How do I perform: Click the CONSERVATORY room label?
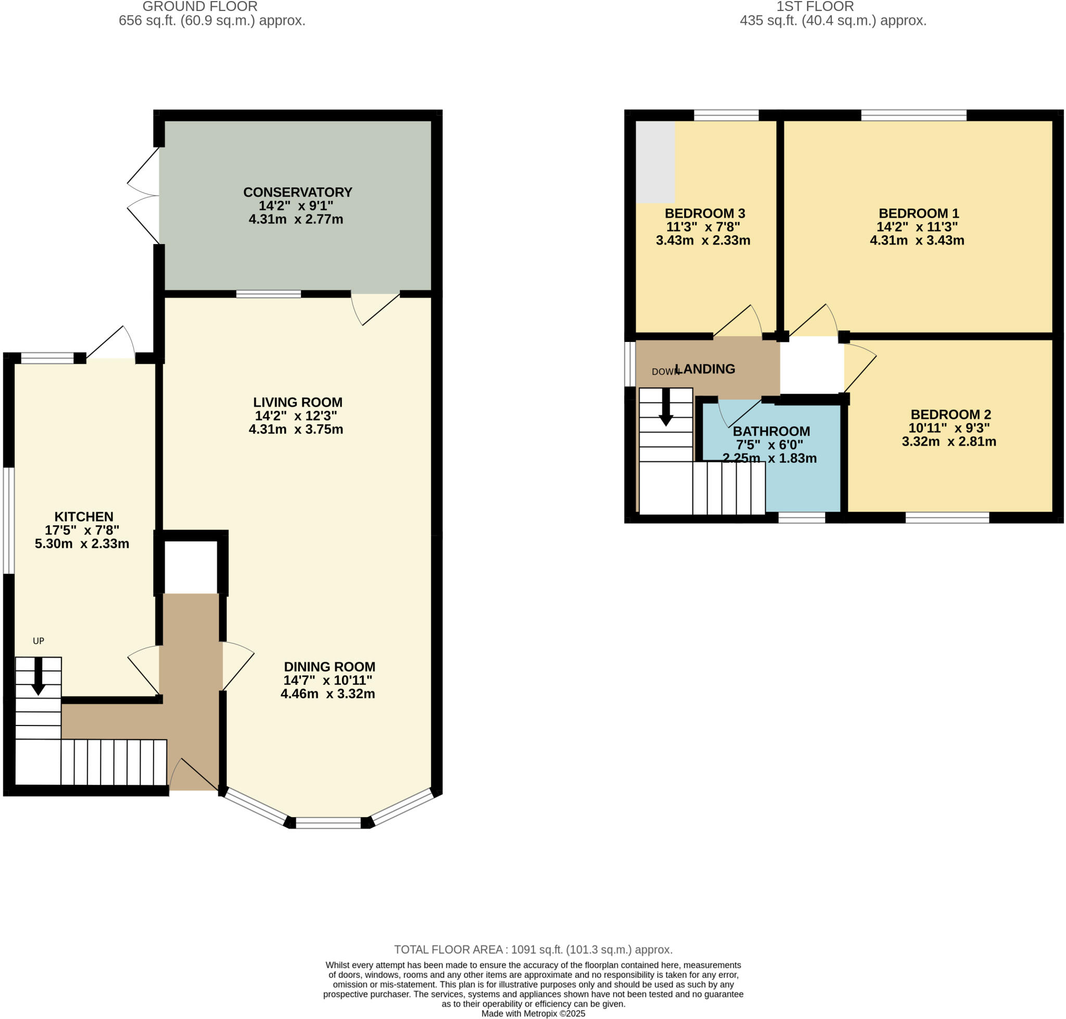[297, 192]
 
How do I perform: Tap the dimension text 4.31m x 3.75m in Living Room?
[296, 429]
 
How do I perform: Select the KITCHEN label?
[84, 517]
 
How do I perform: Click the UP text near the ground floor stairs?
[38, 641]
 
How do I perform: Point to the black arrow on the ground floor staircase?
[38, 677]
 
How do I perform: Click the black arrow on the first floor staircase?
[666, 408]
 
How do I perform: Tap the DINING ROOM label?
[329, 667]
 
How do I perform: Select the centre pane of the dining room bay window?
[328, 823]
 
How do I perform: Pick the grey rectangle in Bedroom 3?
[655, 162]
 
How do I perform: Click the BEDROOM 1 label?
[919, 213]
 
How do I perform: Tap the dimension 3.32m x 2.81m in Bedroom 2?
[949, 442]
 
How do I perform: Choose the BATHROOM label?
[771, 431]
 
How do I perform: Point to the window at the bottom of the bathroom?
[802, 518]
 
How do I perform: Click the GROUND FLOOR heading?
[200, 7]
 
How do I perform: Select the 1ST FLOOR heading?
[815, 7]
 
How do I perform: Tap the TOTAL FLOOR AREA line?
[532, 949]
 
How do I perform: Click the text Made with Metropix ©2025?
[532, 1014]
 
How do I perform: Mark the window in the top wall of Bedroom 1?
[913, 115]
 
